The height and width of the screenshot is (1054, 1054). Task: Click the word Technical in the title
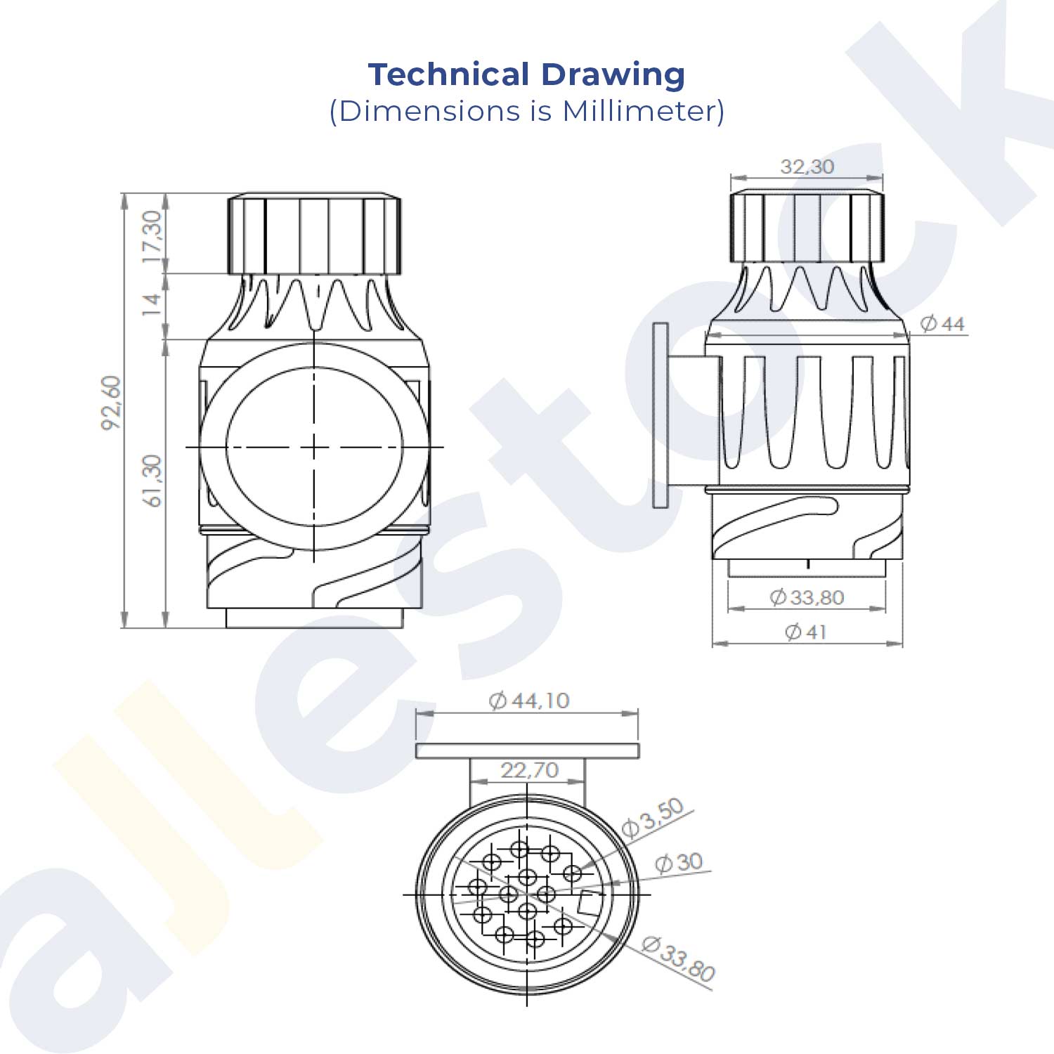tap(448, 74)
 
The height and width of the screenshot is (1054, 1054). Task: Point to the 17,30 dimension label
tap(152, 236)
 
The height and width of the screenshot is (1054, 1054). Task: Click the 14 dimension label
tap(152, 304)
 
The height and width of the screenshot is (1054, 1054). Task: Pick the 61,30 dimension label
tap(152, 481)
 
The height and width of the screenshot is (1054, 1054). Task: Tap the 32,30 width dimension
tap(807, 167)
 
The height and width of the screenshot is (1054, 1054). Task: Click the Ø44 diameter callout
tap(942, 324)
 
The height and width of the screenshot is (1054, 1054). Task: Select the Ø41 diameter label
tap(805, 632)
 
